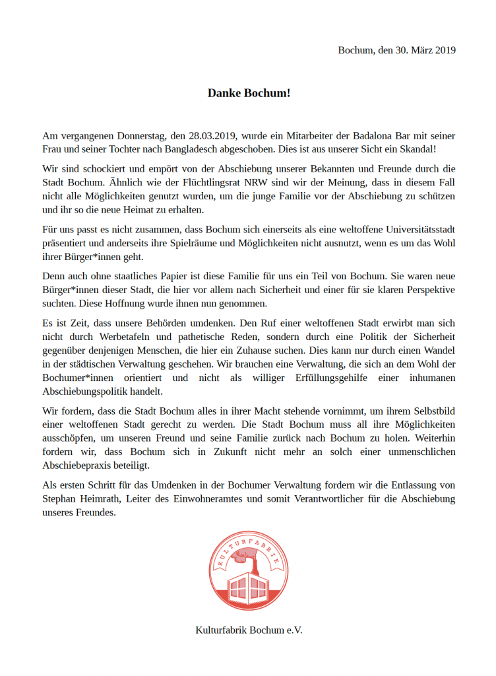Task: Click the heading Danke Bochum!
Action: [x=249, y=93]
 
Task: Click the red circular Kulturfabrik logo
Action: [x=249, y=571]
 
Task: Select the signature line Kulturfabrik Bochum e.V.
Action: [x=249, y=630]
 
